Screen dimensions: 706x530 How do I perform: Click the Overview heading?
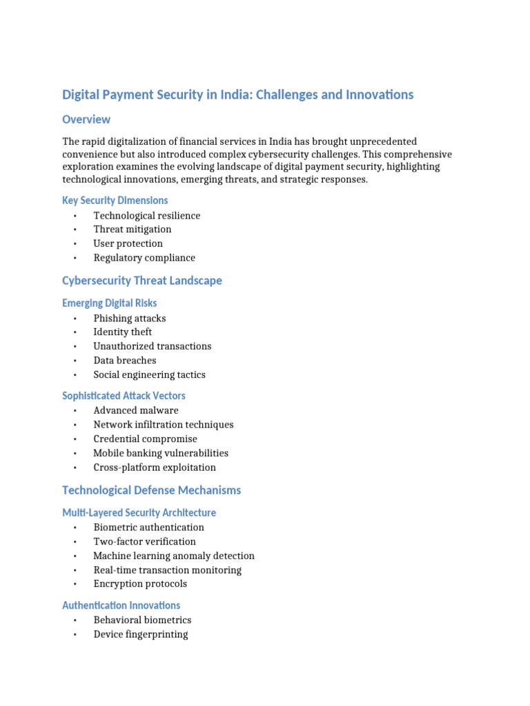coord(86,119)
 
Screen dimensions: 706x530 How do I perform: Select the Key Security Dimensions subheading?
coord(115,200)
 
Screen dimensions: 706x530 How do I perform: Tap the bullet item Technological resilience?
coord(146,215)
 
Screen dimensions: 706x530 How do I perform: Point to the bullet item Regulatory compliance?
coord(144,258)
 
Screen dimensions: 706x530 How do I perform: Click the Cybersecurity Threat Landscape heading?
coord(142,281)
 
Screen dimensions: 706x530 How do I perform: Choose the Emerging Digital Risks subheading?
coord(109,303)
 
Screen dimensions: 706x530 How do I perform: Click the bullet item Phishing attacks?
coord(130,318)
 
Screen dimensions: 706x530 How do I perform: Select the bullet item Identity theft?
coord(123,332)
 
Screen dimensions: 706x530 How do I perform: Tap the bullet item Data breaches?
coord(125,360)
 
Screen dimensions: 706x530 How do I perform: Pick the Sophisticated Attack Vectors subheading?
coord(124,396)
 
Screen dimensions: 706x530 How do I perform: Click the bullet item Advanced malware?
coord(136,410)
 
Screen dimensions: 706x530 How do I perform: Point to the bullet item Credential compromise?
coord(145,438)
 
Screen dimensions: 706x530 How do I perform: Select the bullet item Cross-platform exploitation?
coord(155,467)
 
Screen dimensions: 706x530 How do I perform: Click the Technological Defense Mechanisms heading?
coord(152,490)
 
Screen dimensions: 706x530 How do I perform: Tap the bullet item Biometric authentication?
coord(148,527)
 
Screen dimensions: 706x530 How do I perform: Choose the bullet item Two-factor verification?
coord(144,541)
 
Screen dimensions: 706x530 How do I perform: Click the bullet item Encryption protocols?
coord(140,583)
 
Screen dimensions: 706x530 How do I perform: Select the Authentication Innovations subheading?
coord(121,605)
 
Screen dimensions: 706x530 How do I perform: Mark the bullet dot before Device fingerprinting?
coord(75,634)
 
